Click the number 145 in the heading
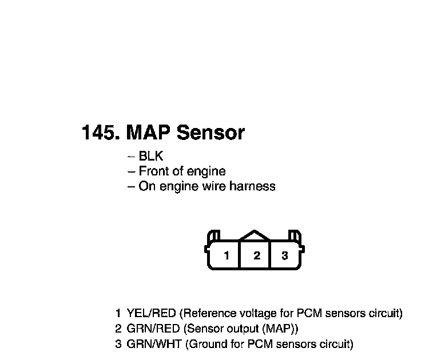click(100, 133)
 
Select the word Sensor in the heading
click(210, 133)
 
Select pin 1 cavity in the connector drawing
click(227, 255)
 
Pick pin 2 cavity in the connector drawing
click(256, 255)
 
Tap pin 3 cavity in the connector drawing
click(285, 255)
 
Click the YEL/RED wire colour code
click(152, 313)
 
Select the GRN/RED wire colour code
click(152, 329)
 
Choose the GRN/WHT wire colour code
click(153, 344)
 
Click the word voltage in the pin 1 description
click(261, 313)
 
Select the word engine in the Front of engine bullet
click(206, 171)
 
